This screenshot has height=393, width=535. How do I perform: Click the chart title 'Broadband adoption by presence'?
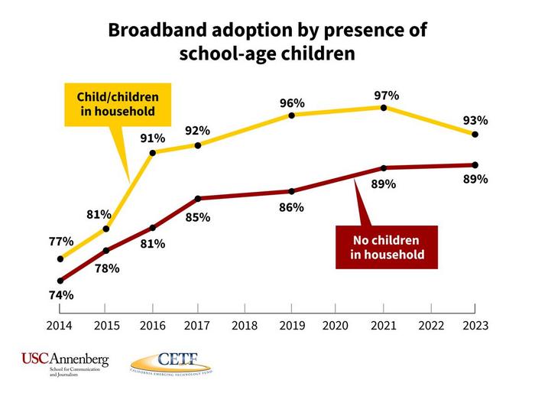(267, 31)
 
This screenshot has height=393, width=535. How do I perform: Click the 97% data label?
(387, 96)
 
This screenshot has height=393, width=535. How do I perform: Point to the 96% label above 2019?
(292, 103)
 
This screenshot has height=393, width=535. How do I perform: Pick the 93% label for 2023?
(475, 121)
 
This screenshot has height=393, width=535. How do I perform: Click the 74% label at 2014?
(60, 295)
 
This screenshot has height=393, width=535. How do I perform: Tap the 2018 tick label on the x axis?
(245, 325)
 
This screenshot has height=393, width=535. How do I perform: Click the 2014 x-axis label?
(60, 325)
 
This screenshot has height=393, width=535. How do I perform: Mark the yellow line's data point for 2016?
(153, 153)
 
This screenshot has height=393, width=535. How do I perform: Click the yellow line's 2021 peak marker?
(384, 108)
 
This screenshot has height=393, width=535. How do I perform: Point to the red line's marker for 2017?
(199, 199)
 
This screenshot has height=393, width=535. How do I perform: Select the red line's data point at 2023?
(475, 165)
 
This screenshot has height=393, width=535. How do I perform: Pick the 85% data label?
(198, 217)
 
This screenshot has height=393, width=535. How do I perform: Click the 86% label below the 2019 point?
(292, 207)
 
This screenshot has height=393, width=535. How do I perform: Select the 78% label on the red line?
(107, 268)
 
